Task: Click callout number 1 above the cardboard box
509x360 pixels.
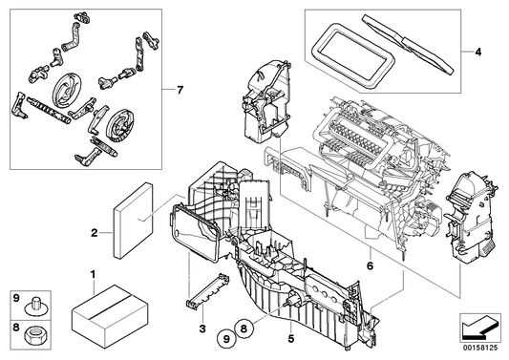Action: point(93,273)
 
